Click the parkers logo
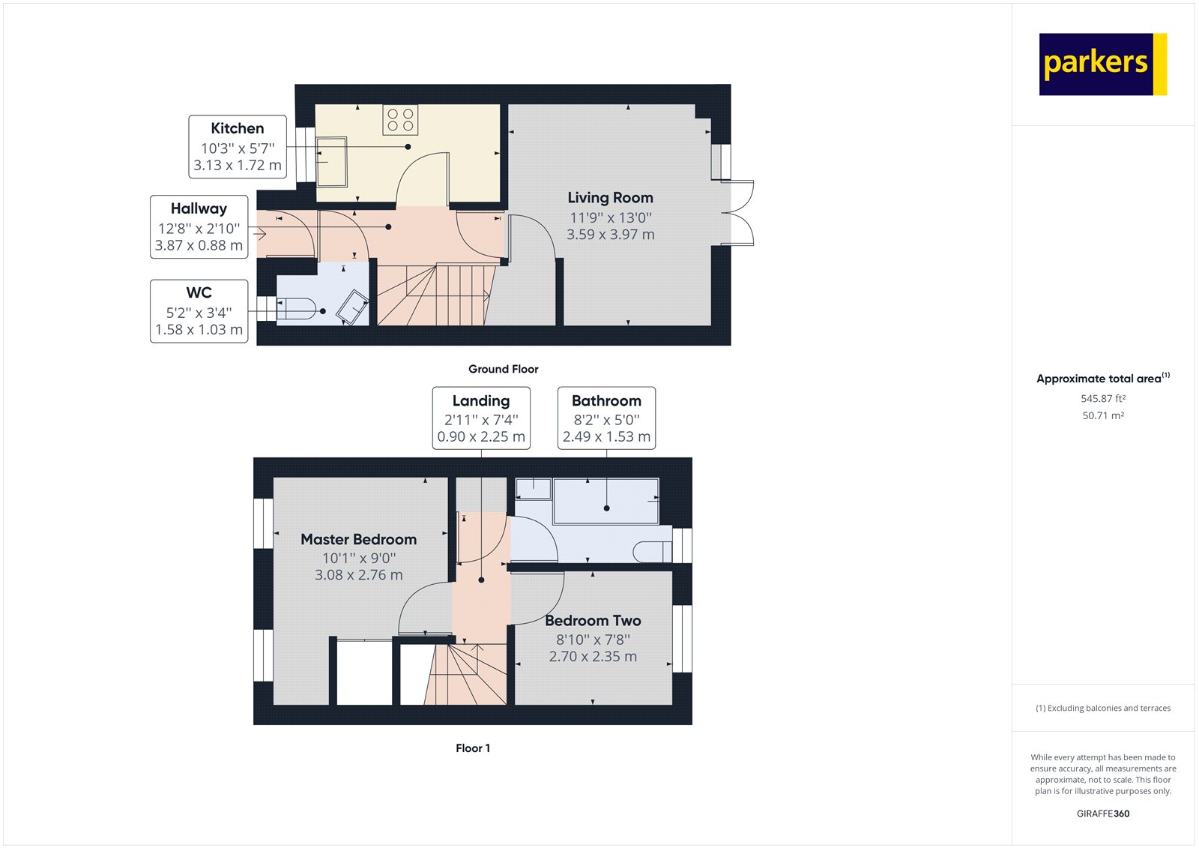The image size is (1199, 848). pos(1102,64)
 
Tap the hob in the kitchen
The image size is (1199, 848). pos(400,120)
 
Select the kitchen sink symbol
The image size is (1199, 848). pos(331,161)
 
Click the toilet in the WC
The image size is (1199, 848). pos(298,308)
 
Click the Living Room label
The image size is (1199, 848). pos(610,198)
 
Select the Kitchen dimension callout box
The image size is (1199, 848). pos(238,146)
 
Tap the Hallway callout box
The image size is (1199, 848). pos(199,226)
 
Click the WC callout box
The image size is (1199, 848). pos(199,310)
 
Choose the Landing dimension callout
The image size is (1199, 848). pos(481,418)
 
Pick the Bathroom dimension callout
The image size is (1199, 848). pos(606,418)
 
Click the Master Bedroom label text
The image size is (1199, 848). pos(358,540)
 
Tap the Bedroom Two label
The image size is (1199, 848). pos(593,621)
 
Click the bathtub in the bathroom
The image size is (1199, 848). pos(606,502)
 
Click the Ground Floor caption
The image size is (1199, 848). pos(503,369)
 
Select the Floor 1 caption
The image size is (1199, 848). pos(472,748)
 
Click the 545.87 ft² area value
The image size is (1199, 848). pos(1102,399)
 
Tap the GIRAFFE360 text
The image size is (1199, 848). pos(1102,814)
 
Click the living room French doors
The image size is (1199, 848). pos(738,213)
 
